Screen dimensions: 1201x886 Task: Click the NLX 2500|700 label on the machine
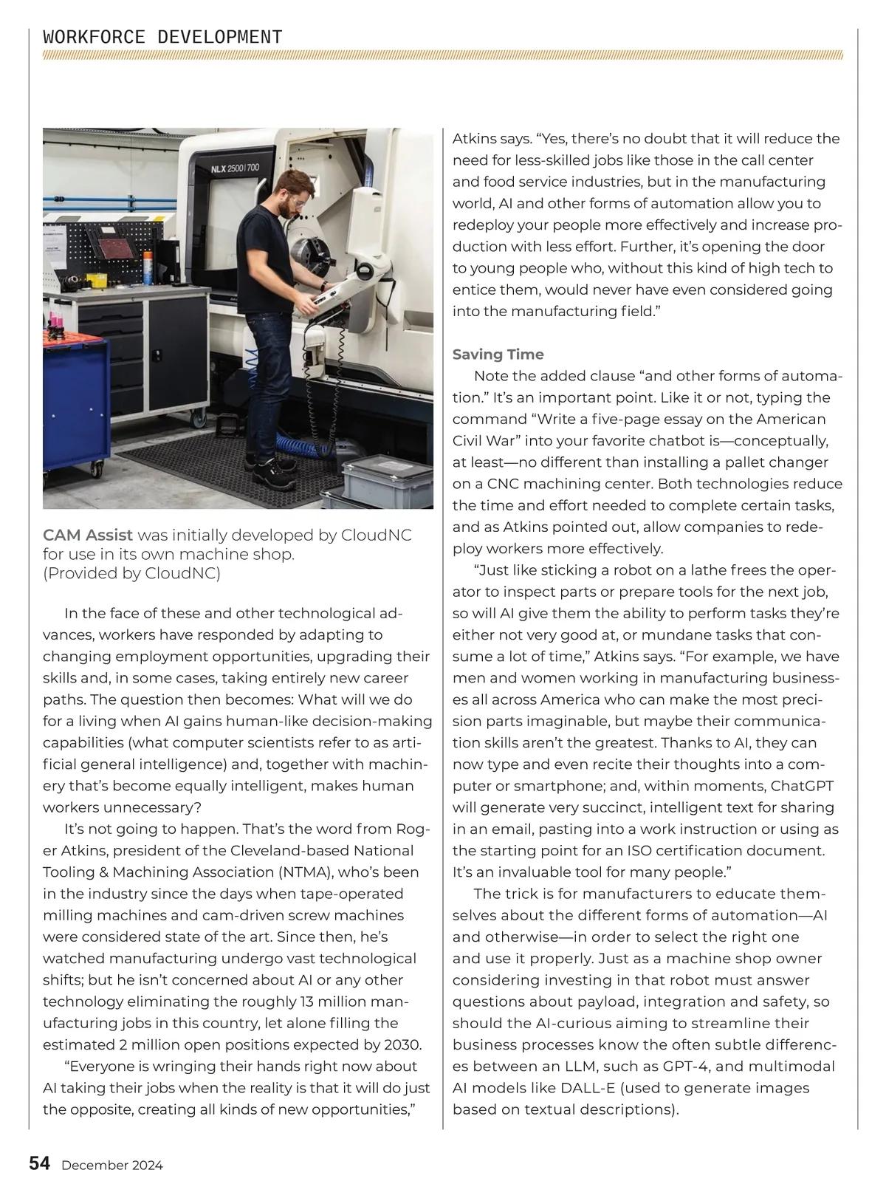236,168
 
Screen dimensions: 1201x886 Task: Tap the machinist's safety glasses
292,200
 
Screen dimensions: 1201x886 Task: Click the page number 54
40,1164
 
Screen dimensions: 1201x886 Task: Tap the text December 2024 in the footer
112,1166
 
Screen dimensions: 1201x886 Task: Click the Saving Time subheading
498,355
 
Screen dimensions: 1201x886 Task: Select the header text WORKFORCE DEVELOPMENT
162,37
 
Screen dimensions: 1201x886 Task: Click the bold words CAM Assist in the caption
88,535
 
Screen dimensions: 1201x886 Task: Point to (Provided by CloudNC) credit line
131,573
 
